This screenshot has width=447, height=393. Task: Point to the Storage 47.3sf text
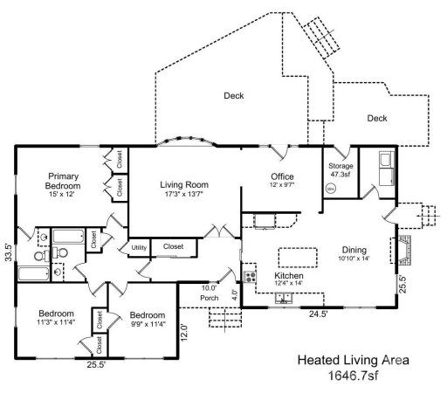tap(340, 169)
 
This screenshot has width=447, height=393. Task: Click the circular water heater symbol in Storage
tap(331, 188)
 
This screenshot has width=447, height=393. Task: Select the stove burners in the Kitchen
tap(251, 277)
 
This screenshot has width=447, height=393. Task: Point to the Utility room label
tap(139, 249)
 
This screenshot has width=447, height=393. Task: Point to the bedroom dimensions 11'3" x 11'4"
tap(55, 322)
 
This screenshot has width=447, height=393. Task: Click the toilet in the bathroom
tap(58, 253)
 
